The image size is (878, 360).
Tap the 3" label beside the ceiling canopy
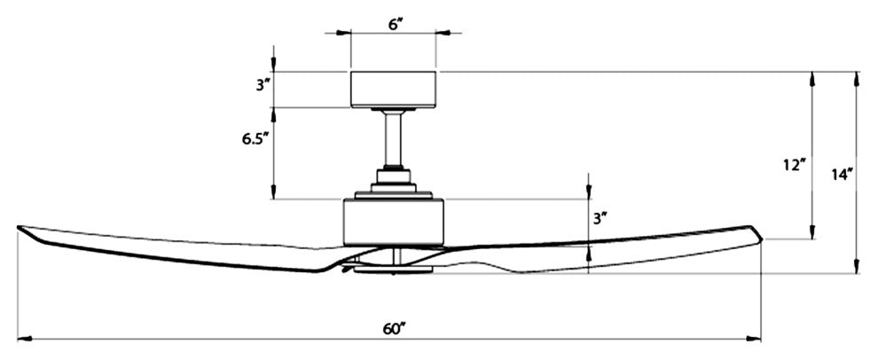(x=260, y=86)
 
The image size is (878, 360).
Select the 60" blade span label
(x=394, y=328)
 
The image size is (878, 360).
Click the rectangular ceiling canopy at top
(x=394, y=88)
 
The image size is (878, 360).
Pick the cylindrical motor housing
(x=394, y=221)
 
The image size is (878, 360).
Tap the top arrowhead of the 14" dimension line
(x=857, y=76)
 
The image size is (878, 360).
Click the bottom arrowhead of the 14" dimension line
(x=857, y=267)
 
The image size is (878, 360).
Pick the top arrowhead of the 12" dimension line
(x=812, y=77)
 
